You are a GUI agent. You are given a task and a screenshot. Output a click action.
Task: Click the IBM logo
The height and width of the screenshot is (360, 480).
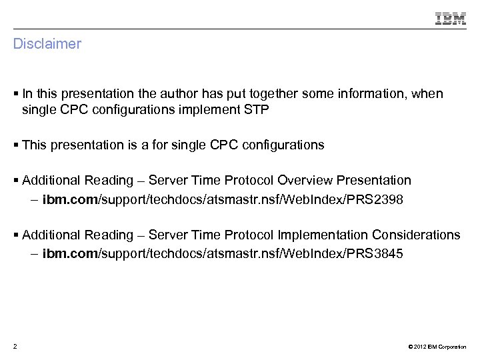[x=451, y=19]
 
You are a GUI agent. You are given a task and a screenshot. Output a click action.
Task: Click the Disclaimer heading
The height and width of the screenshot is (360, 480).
[x=47, y=44]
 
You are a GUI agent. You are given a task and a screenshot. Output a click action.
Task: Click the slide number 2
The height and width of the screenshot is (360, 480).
[x=15, y=346]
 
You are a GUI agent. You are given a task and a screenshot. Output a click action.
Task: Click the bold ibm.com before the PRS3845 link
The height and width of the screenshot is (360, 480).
[x=70, y=253]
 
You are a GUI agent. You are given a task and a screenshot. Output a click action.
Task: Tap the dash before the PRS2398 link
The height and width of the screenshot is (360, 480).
[x=34, y=199]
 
